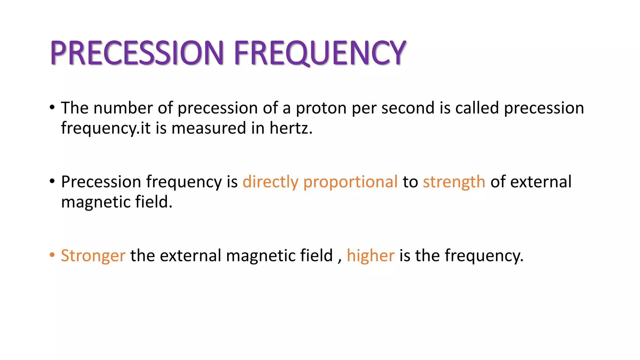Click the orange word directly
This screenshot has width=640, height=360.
(x=270, y=182)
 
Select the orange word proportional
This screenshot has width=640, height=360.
(x=350, y=182)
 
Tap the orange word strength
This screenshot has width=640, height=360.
(x=454, y=182)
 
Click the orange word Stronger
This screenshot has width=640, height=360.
(x=93, y=256)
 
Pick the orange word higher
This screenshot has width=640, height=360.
(x=370, y=256)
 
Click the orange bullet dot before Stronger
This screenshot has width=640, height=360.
(x=52, y=255)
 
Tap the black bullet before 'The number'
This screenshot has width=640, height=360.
(x=52, y=107)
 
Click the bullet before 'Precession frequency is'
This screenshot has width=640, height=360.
(x=52, y=181)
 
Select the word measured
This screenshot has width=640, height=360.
(x=209, y=128)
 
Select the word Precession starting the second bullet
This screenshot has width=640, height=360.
(x=101, y=182)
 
